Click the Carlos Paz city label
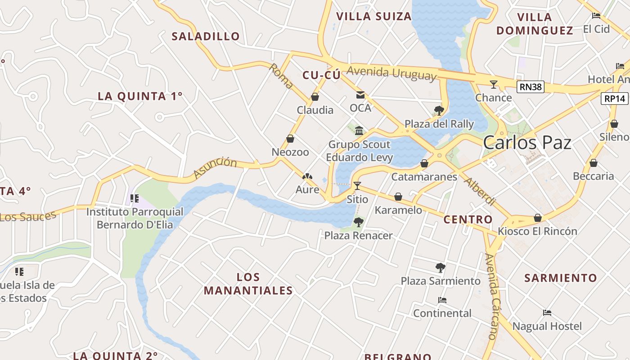pos(527,143)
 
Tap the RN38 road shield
pos(530,87)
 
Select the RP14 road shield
pos(614,99)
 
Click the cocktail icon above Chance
pos(494,84)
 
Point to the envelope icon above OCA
pos(360,94)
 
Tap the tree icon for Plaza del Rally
pos(439,110)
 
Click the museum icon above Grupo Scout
pos(359,131)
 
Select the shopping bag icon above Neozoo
pos(290,139)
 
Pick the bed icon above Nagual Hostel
pos(547,313)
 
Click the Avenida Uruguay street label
pos(391,73)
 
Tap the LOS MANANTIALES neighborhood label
pos(248,283)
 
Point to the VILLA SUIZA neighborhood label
pos(374,17)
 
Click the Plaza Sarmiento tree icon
pos(441,268)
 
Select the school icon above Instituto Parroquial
pos(134,198)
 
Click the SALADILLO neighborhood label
pos(206,36)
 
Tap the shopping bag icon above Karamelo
pos(398,197)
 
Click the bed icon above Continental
pos(442,300)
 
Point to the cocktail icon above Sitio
pos(357,185)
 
